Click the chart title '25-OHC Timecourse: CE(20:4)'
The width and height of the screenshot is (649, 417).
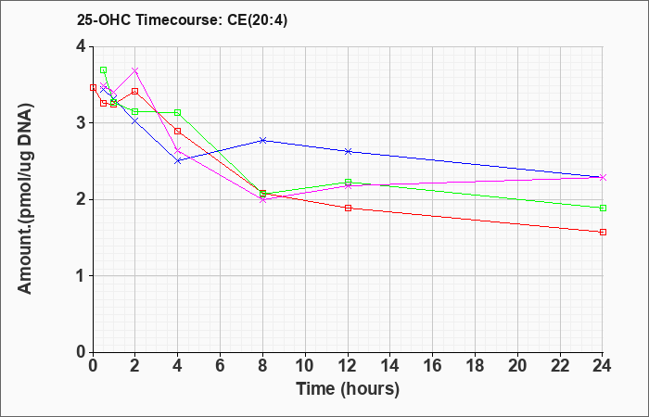pos(182,20)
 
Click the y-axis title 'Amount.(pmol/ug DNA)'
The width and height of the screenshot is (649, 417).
pos(25,198)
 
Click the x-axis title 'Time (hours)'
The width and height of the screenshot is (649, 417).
pos(348,389)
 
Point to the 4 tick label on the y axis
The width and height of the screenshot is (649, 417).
pos(81,46)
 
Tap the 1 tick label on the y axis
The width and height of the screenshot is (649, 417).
pos(81,276)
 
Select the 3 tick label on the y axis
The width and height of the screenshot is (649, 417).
pos(81,123)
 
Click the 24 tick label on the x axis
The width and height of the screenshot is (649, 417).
pos(603,366)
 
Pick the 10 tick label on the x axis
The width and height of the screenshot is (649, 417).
pos(305,366)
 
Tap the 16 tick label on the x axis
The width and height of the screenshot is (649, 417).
pos(433,366)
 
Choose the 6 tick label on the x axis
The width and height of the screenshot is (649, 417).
pos(221,366)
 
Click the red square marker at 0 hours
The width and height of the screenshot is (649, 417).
pos(93,88)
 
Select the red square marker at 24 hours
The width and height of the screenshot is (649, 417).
pos(603,232)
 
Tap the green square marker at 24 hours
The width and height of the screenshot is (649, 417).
pos(603,208)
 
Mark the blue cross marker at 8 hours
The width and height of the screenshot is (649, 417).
pos(262,140)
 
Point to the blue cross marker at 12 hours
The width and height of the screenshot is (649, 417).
pos(348,151)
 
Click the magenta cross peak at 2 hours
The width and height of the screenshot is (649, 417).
pos(135,70)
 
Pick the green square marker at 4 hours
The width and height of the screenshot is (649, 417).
pos(178,112)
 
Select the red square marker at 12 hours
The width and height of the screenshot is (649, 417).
pos(348,208)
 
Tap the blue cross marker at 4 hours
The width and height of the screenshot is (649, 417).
pos(178,161)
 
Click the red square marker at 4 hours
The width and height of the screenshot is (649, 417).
pos(178,132)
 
